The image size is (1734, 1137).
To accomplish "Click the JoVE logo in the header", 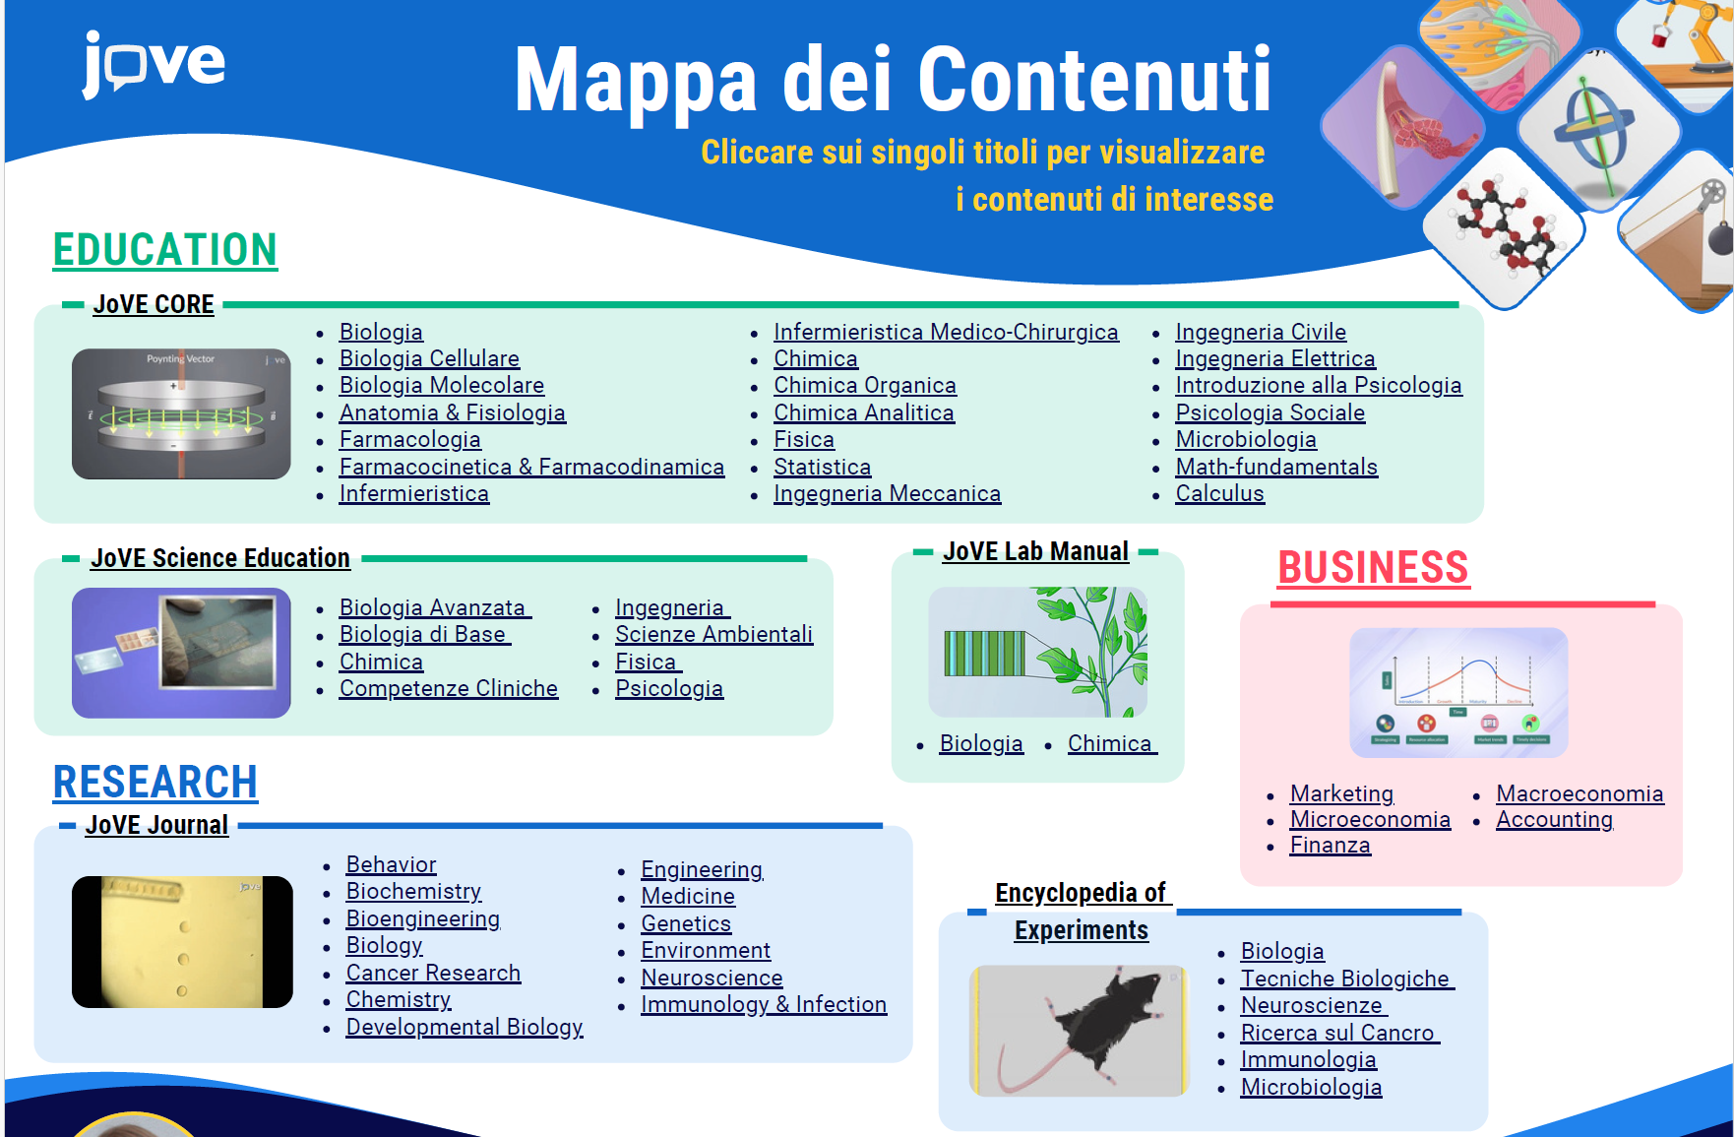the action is (154, 64).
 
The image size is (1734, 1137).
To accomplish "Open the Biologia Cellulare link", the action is (429, 358).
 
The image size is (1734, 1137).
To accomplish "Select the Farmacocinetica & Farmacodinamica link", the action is (531, 467).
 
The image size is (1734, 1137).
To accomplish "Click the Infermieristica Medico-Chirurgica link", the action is (946, 332).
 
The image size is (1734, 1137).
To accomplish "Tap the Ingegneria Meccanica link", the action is (887, 493).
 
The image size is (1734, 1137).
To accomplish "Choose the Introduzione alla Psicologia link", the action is (1319, 385).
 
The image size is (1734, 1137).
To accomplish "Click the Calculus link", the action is (1219, 493).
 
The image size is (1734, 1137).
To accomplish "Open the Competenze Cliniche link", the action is (449, 688).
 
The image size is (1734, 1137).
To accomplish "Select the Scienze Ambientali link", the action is (713, 634).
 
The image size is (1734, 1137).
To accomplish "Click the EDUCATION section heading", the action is (165, 249).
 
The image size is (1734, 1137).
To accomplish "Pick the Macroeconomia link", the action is (1579, 793).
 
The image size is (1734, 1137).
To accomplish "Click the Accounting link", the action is (1554, 819).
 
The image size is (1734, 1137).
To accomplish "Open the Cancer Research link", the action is (433, 973).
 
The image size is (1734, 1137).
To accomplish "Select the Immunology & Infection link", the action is (764, 1004).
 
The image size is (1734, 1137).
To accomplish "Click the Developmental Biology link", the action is (464, 1027).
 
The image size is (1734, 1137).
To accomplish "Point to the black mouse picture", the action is (1080, 1031).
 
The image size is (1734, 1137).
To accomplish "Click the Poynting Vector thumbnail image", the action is (181, 414).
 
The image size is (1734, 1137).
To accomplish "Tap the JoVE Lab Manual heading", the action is (1035, 551).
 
